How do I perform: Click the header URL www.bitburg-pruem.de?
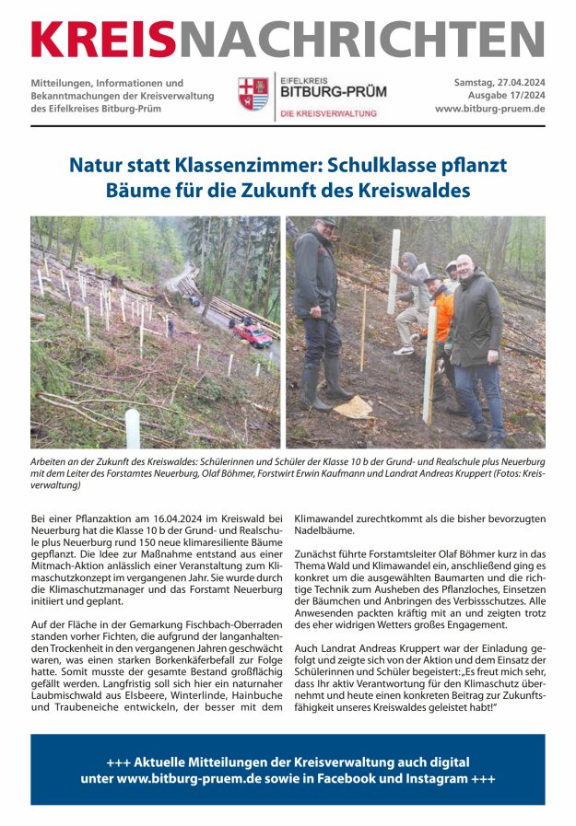click(x=489, y=109)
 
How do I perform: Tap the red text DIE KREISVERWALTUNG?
click(x=329, y=113)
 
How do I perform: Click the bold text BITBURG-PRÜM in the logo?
click(x=333, y=93)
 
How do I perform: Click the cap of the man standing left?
click(x=324, y=222)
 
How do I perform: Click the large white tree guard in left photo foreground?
click(x=132, y=428)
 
